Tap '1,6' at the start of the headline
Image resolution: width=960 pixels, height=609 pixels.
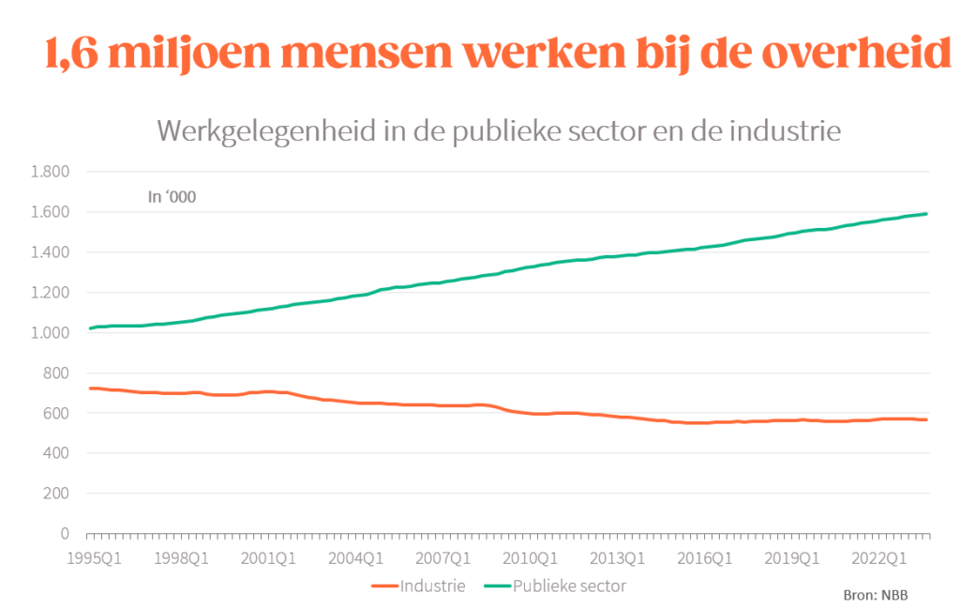pyautogui.click(x=76, y=54)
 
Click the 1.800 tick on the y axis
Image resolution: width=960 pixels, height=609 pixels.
pyautogui.click(x=51, y=172)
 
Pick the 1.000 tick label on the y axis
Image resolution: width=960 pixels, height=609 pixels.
pyautogui.click(x=51, y=333)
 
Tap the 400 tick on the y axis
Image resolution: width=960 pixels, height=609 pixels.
pyautogui.click(x=57, y=453)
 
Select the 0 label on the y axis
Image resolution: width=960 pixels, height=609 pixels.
pyautogui.click(x=65, y=534)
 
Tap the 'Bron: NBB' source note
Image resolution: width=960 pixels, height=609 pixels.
pyautogui.click(x=869, y=595)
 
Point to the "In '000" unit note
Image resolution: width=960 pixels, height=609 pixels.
pyautogui.click(x=172, y=197)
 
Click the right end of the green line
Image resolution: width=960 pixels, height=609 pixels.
pyautogui.click(x=927, y=214)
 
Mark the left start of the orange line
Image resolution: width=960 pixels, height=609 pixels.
pyautogui.click(x=89, y=388)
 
